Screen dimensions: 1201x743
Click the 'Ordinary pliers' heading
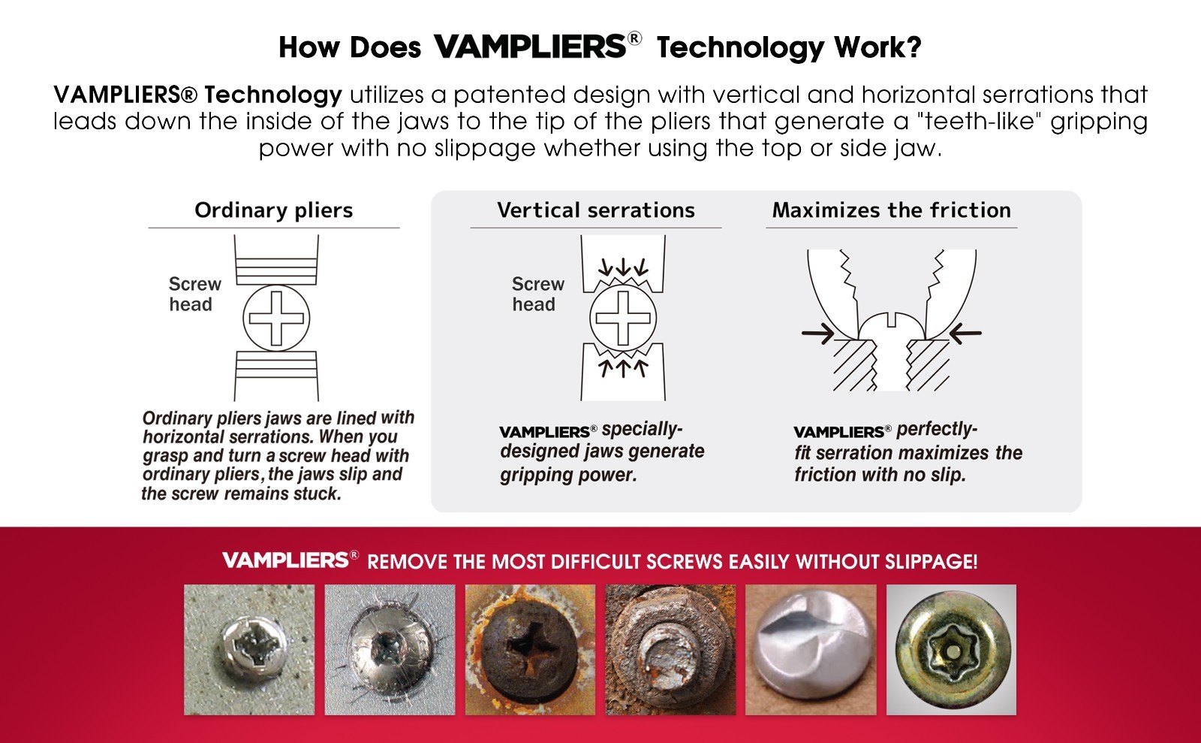pos(273,210)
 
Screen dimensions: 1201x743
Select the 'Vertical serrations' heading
pos(596,210)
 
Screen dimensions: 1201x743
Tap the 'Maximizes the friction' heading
pos(891,210)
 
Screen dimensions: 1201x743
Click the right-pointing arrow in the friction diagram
pos(818,334)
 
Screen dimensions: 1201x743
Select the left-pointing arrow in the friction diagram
pos(965,334)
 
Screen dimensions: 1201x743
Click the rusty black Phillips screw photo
pos(530,650)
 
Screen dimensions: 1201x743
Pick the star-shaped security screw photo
pos(951,650)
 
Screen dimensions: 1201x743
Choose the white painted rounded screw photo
pos(811,650)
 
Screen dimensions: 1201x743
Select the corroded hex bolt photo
pos(670,650)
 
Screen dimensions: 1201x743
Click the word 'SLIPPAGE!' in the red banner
pos(932,562)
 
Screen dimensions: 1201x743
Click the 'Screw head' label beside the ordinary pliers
pos(194,294)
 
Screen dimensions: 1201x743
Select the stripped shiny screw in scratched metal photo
pos(390,650)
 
